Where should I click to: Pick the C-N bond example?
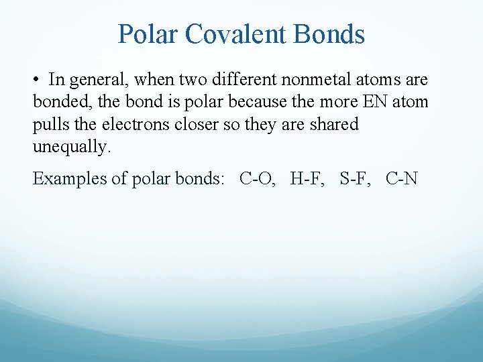click(x=402, y=178)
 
